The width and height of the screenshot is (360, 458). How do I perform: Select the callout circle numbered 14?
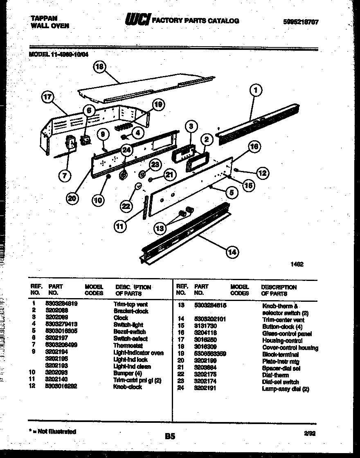tap(232, 252)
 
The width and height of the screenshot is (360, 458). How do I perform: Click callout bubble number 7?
tap(64, 175)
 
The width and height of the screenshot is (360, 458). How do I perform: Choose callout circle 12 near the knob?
tap(262, 173)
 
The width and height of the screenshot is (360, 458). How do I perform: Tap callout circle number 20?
tap(72, 198)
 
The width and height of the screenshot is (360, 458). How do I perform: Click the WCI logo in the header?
tap(137, 20)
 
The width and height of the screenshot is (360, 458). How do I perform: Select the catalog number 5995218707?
tap(300, 22)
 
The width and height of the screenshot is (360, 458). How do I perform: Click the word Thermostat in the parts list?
tap(128, 346)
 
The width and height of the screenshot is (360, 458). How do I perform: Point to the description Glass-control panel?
tap(287, 334)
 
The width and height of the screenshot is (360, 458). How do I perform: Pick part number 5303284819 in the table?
tap(63, 304)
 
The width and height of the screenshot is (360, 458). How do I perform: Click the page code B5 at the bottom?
tap(170, 436)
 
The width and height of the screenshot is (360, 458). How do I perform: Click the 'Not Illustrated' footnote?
tap(53, 431)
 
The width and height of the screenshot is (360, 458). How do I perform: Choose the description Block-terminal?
tap(280, 355)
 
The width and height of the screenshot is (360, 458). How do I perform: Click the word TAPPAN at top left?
tap(44, 18)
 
